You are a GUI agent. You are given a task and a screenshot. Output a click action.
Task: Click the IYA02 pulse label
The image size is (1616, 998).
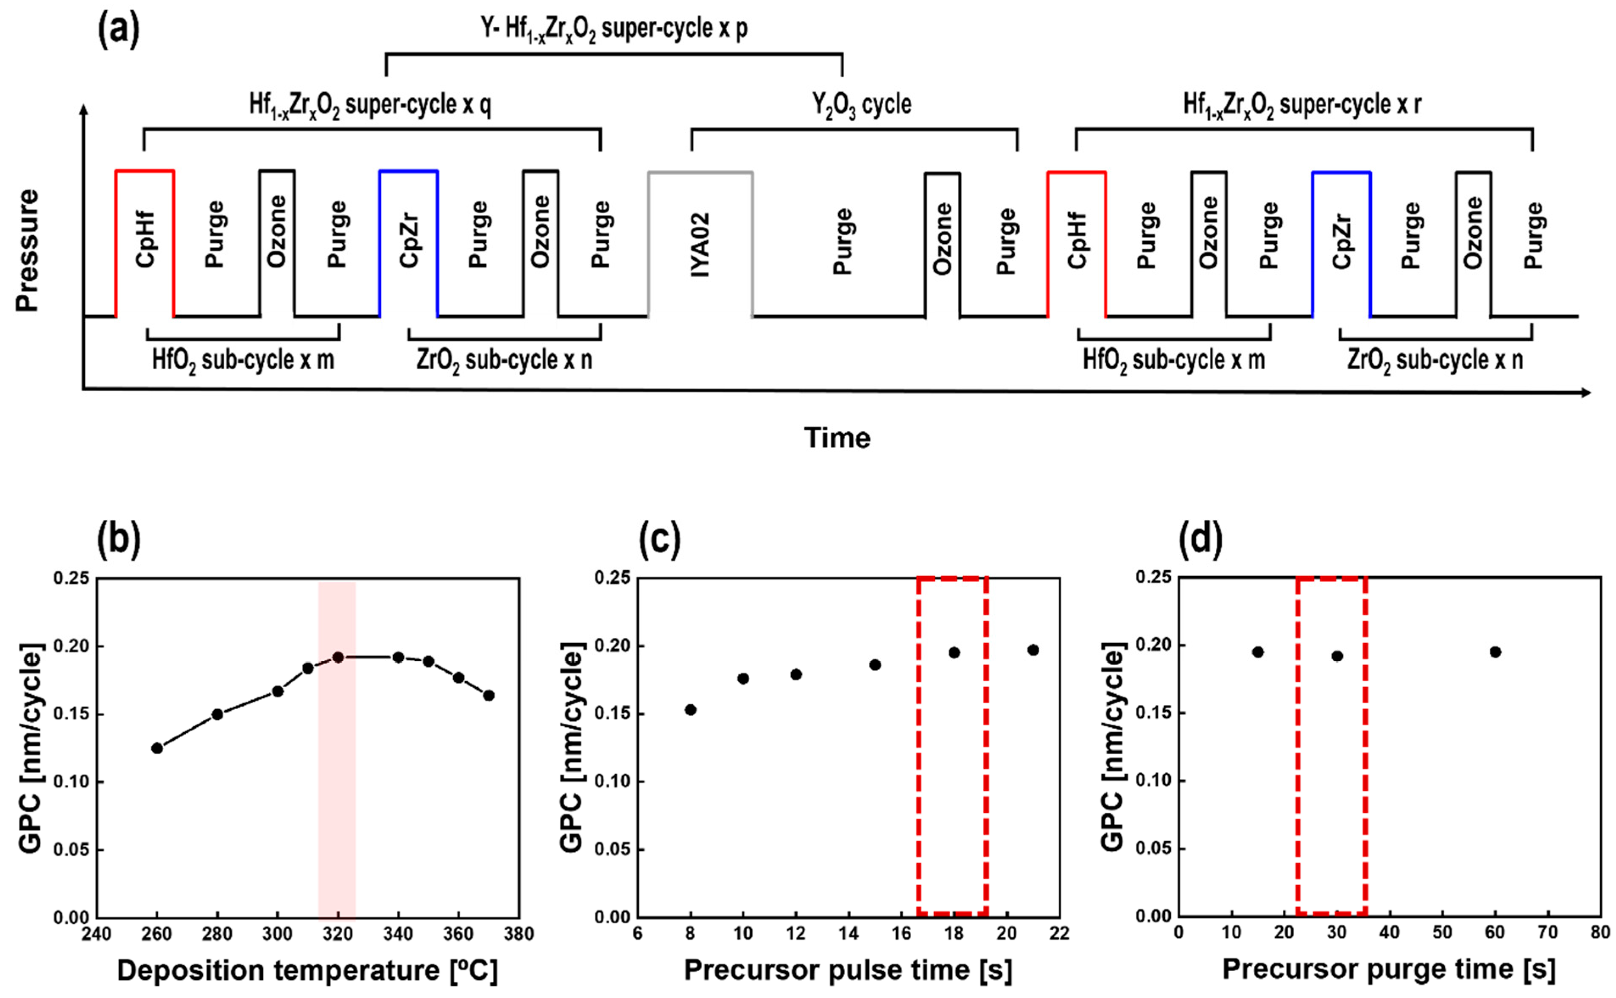coord(701,244)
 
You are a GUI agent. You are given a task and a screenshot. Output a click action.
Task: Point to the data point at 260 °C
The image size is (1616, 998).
coord(157,748)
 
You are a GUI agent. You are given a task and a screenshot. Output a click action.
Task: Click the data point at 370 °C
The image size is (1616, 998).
coord(488,695)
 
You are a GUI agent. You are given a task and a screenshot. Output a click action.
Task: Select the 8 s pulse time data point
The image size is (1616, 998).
coord(690,710)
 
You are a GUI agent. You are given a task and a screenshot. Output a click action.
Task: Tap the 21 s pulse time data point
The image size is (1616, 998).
coord(1033,650)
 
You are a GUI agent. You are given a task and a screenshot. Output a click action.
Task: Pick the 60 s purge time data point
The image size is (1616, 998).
coord(1495,652)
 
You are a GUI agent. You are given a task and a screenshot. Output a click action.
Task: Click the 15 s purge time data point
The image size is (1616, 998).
coord(1258,652)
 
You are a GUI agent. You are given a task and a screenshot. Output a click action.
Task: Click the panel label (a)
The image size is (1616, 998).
coord(119,30)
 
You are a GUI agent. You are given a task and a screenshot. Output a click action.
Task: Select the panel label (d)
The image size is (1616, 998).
coord(1200,538)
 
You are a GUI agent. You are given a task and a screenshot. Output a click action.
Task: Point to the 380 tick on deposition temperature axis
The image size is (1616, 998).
coord(519,934)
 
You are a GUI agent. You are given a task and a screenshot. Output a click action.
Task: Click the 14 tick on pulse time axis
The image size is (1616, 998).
coord(848,933)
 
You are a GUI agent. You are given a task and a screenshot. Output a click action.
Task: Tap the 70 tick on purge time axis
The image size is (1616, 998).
coord(1548,933)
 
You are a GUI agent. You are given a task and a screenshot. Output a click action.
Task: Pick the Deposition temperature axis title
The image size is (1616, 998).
coord(307,971)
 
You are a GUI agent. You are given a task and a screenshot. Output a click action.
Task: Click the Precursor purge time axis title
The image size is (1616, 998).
coord(1389,969)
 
